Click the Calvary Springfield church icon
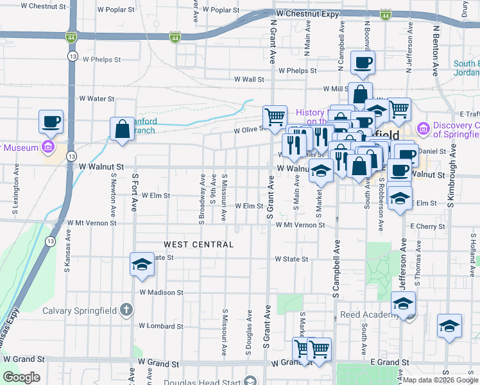[126, 311]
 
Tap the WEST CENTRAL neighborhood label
[198, 244]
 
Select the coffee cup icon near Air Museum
[51, 121]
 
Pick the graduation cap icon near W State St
[142, 264]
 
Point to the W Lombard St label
[160, 326]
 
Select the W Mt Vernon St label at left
[92, 224]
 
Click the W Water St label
[96, 99]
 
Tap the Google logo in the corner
[21, 377]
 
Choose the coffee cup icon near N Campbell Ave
[363, 62]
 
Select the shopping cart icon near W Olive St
[275, 116]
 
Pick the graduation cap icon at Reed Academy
[403, 303]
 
